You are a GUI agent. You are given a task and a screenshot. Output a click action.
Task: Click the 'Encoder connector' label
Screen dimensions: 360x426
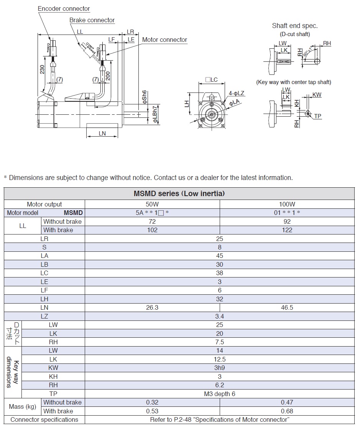point(64,9)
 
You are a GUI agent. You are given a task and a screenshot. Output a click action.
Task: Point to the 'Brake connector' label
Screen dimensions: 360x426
point(92,20)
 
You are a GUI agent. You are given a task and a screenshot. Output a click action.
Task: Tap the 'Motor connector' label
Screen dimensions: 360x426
point(164,40)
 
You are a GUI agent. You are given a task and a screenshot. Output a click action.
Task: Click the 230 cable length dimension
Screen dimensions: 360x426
point(42,69)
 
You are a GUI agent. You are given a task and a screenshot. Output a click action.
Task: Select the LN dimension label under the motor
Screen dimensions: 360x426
point(102,134)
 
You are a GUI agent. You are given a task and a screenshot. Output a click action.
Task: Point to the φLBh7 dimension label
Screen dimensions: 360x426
point(155,114)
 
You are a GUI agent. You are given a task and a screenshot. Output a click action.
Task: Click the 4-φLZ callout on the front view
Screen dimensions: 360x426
point(237,93)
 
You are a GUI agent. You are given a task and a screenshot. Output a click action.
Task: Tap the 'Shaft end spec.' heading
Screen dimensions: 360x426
point(295,26)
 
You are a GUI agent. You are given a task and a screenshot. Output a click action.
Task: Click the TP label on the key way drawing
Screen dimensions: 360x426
point(318,116)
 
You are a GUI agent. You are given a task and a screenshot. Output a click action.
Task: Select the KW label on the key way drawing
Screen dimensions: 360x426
point(317,95)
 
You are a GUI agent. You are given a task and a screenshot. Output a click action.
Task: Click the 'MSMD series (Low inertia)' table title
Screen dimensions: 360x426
point(179,194)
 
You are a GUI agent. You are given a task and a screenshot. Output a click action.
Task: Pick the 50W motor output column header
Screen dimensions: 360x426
point(152,204)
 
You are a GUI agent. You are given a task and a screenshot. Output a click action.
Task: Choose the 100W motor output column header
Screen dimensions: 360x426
point(287,204)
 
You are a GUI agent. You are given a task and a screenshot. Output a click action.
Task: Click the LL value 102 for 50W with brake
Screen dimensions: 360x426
point(152,230)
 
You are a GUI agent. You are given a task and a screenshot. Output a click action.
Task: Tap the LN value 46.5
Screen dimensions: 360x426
point(287,307)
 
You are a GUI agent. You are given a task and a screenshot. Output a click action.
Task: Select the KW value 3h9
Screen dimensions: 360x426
point(219,368)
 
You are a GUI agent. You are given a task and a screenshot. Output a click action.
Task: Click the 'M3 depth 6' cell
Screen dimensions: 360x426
point(219,394)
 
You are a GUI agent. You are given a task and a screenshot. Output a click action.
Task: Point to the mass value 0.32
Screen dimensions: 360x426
point(152,402)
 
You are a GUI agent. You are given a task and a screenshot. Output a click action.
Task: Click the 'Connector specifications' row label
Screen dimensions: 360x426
point(44,420)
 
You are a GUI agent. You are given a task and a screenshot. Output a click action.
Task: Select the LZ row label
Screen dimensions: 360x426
point(44,316)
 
